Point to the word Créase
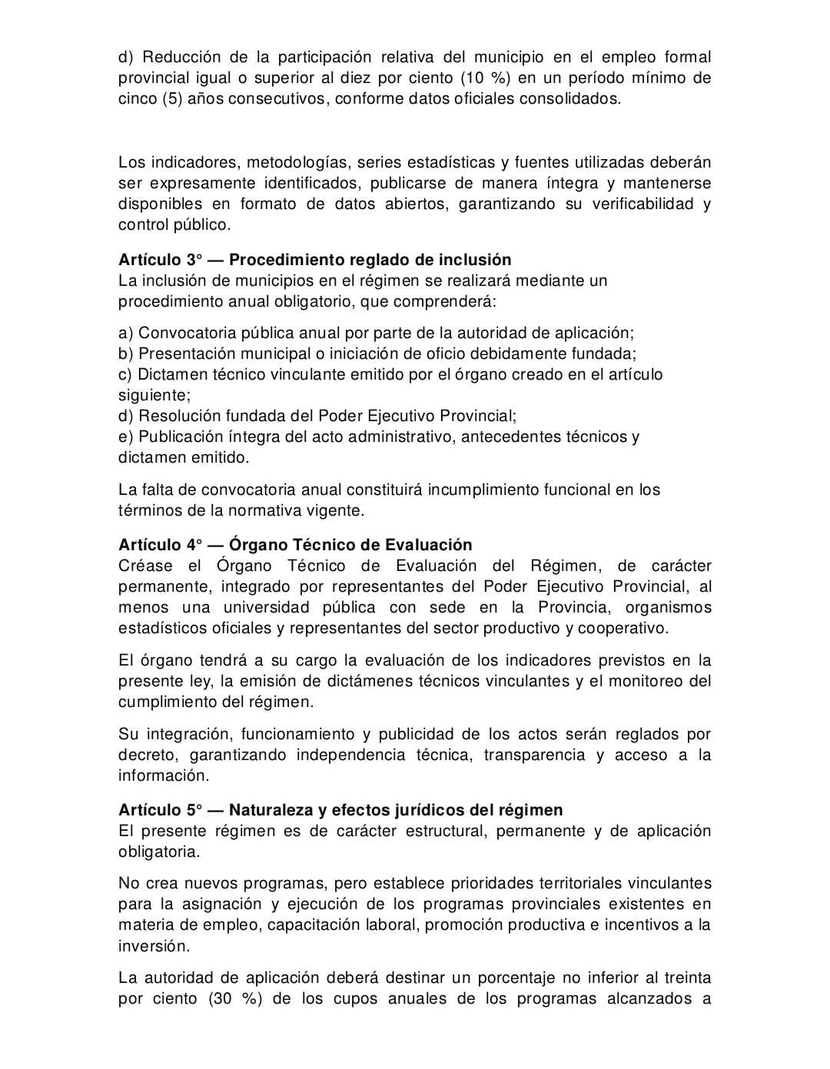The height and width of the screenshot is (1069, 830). tap(147, 566)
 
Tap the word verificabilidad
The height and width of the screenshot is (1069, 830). tap(643, 204)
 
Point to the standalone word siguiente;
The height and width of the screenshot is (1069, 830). tap(154, 395)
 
